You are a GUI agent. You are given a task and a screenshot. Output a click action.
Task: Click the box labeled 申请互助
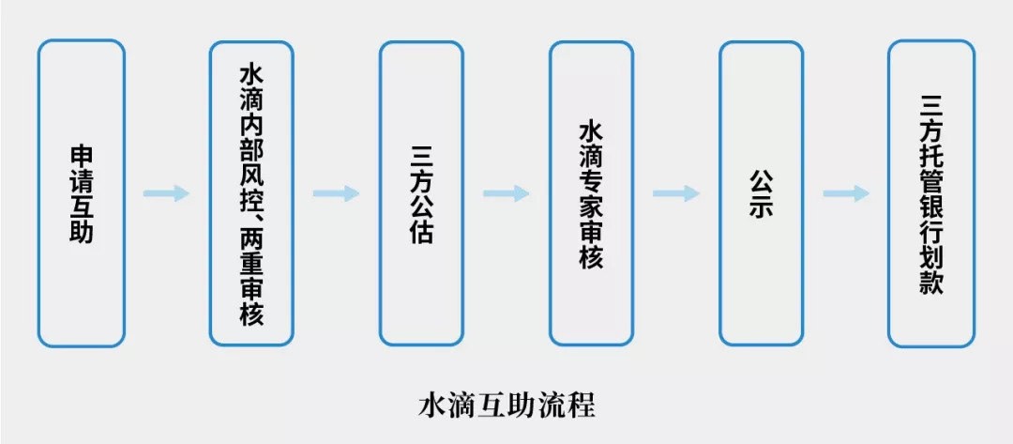[x=82, y=193]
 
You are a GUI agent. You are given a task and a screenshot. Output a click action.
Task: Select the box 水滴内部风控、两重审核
[x=251, y=193]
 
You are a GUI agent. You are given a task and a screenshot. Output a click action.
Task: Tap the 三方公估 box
[x=421, y=193]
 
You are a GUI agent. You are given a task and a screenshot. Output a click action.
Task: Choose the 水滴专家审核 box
[x=591, y=193]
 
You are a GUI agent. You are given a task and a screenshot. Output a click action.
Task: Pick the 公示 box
[x=761, y=193]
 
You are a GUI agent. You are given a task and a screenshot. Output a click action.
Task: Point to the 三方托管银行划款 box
[x=930, y=193]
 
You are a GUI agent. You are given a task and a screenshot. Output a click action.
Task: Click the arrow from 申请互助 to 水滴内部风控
[x=166, y=193]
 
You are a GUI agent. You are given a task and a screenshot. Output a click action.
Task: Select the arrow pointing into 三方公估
[x=336, y=193]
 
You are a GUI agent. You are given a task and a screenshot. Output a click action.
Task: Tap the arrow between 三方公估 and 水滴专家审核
[x=506, y=193]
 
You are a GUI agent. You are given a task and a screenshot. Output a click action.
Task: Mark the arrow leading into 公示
[x=676, y=193]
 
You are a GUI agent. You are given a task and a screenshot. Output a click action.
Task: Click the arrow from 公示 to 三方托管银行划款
[x=846, y=193]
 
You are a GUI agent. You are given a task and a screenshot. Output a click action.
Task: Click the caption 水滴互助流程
[x=506, y=406]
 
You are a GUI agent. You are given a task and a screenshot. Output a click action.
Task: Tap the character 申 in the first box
[x=83, y=155]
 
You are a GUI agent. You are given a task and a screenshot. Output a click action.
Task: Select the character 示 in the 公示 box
[x=762, y=207]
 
